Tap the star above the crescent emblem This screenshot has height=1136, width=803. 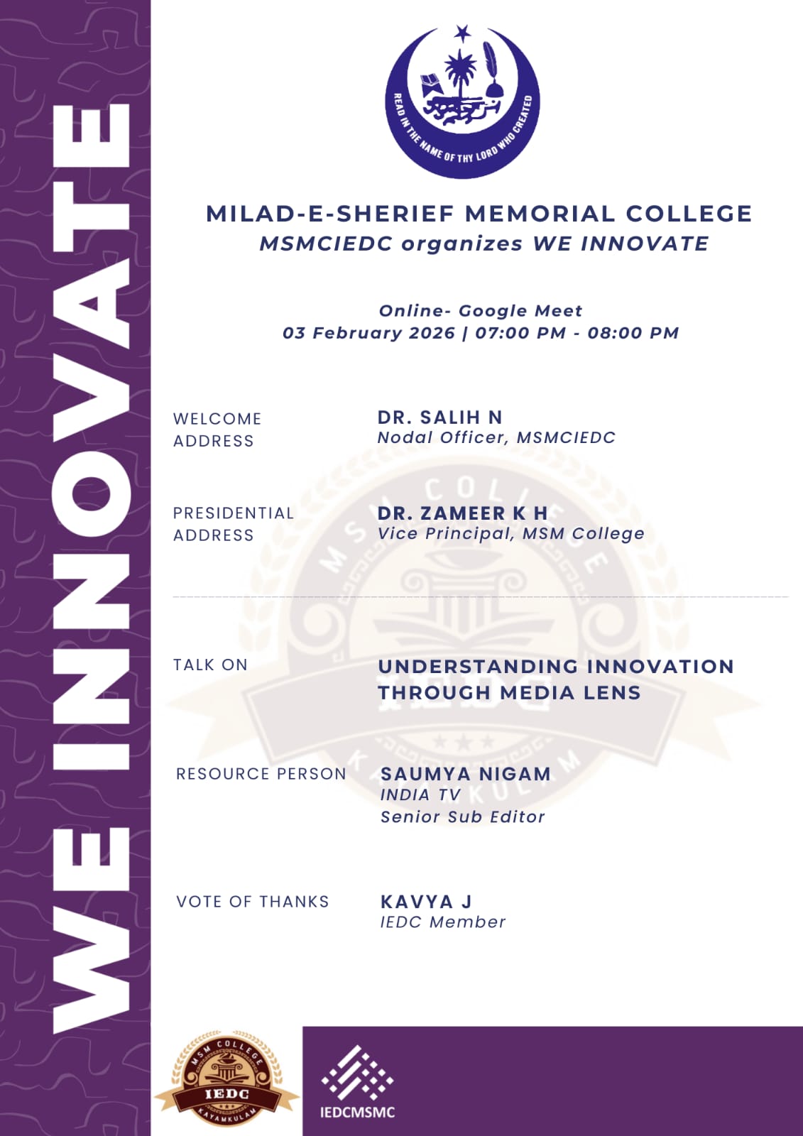[463, 33]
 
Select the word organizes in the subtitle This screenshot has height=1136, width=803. [462, 244]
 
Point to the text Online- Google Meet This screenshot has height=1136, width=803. [481, 311]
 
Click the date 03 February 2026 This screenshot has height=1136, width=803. [368, 333]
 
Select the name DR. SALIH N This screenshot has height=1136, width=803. [439, 417]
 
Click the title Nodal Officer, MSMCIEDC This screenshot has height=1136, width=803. [496, 437]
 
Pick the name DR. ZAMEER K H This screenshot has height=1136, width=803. [462, 513]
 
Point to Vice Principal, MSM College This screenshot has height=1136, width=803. [510, 533]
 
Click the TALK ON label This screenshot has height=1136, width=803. [210, 665]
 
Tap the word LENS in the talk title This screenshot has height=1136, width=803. [612, 693]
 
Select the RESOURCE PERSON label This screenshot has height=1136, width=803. [261, 774]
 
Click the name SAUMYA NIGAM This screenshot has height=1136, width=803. [466, 774]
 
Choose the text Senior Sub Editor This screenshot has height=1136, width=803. [463, 817]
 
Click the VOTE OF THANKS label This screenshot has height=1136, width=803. [253, 902]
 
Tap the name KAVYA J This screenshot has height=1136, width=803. [426, 902]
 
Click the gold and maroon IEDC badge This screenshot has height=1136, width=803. [227, 1081]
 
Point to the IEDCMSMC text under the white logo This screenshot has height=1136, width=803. [357, 1112]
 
